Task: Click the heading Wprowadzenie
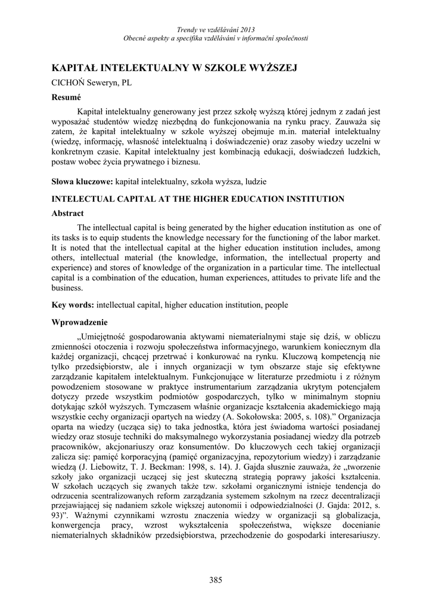[79, 322]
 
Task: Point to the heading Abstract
[67, 213]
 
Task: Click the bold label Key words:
[73, 305]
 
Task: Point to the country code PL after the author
[127, 83]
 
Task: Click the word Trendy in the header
[188, 30]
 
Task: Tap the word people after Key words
[276, 305]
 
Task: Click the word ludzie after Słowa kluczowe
[254, 180]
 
